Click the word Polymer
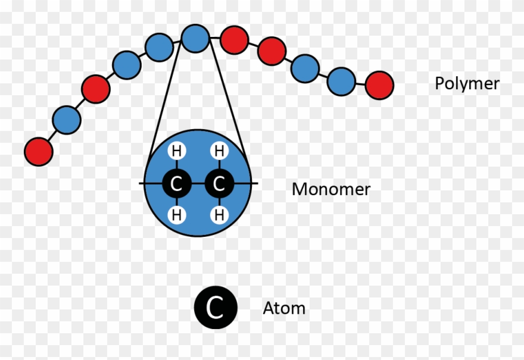pos(467,84)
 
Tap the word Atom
pos(284,308)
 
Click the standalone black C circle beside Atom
pos(216,308)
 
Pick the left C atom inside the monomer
pos(176,184)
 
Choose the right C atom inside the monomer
pos(219,184)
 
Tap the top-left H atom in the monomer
pos(176,152)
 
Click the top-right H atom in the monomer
pos(219,152)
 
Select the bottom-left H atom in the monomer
pos(176,215)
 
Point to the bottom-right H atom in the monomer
pos(219,215)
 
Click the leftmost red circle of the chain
pos(39,151)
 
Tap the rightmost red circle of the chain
pos(379,85)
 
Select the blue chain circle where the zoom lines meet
pos(195,38)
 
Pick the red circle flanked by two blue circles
pos(96,89)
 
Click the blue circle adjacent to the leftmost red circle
pos(66,120)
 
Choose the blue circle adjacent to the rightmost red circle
pos(341,81)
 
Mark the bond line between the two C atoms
pos(198,184)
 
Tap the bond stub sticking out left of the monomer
pos(142,184)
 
